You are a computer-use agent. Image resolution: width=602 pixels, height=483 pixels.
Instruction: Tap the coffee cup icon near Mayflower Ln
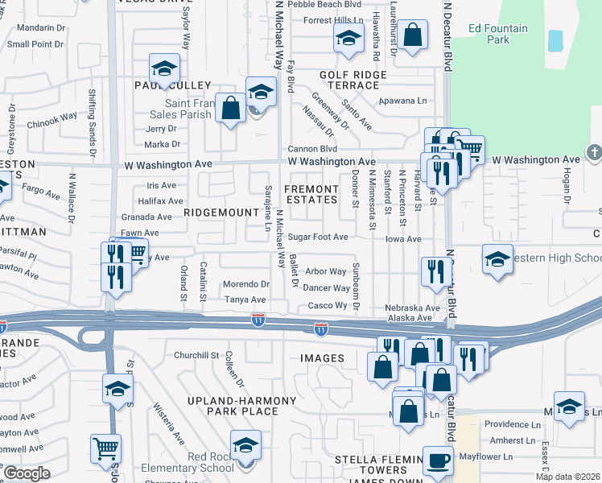tap(439, 460)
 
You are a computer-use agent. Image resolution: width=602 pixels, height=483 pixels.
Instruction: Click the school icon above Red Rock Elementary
tap(245, 444)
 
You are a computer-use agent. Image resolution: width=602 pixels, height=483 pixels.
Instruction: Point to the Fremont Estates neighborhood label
tap(311, 194)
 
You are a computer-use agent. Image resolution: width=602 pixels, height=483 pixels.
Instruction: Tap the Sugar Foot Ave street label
tap(318, 237)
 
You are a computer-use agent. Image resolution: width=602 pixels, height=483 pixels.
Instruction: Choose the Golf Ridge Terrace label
tap(354, 80)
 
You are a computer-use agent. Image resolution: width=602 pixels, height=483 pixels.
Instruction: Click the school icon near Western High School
tap(497, 259)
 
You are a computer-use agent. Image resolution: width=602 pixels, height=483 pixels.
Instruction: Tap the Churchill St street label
tap(196, 355)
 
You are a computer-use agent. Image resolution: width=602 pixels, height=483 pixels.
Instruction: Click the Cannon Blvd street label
tap(312, 149)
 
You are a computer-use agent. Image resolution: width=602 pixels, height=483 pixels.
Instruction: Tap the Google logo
tap(27, 473)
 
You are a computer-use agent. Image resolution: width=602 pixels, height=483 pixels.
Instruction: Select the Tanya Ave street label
tap(245, 299)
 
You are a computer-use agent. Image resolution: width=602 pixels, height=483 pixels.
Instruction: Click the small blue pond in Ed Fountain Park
tap(555, 41)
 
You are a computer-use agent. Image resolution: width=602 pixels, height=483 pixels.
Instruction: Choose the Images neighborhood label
tap(323, 358)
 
